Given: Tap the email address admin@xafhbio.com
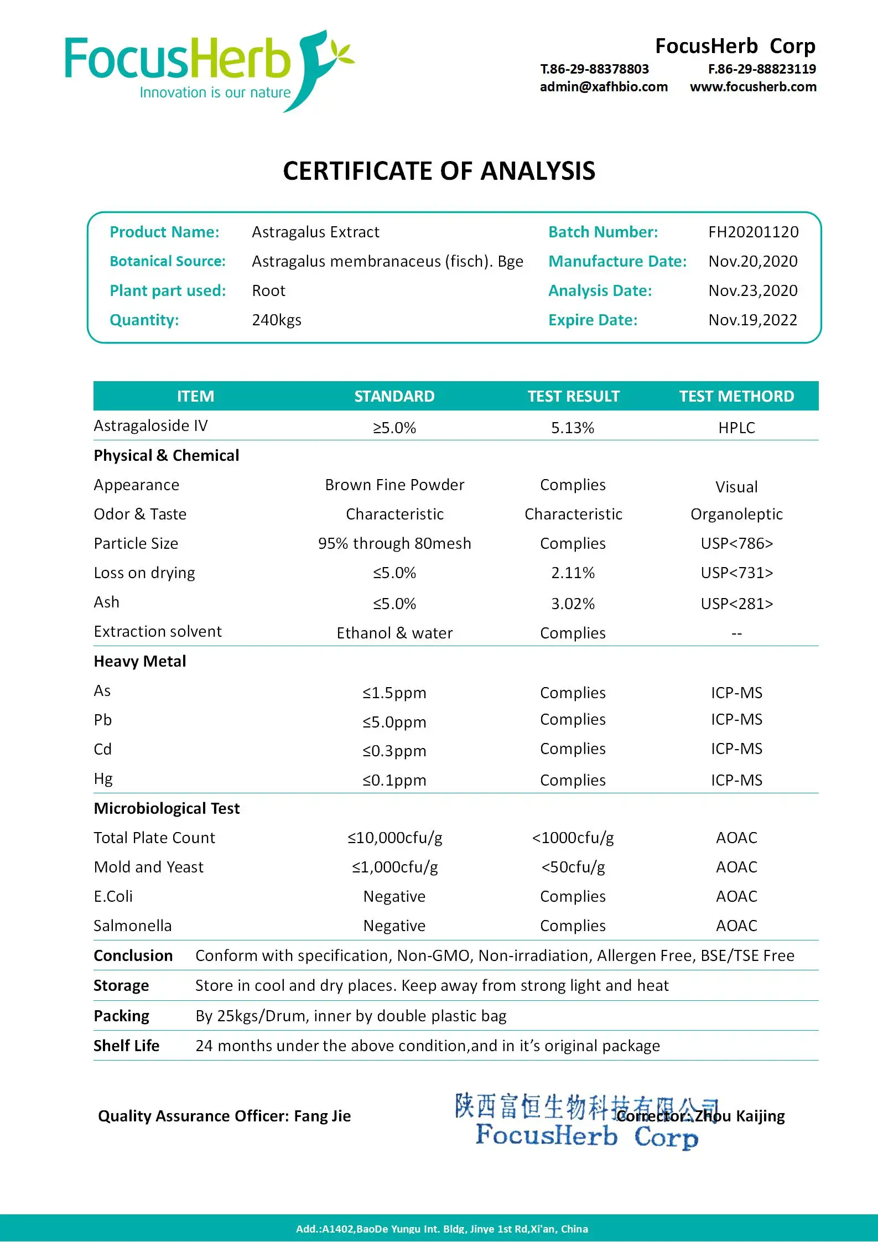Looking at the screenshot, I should coord(604,87).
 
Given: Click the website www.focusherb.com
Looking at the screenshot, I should coord(753,87).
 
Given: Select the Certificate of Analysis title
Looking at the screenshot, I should coord(439,171).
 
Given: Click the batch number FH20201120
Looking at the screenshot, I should coord(753,232).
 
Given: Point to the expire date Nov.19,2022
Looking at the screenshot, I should coord(752,320).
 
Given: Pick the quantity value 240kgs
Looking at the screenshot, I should coord(277,320).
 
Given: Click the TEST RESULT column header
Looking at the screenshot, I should coord(573,396).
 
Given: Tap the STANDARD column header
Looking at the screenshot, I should coord(394,396).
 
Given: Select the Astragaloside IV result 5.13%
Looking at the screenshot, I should coord(573,428).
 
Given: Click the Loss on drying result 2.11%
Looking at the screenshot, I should coord(573,573).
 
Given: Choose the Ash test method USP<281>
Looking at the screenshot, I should coord(736,604).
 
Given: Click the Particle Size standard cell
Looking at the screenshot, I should coord(394,543).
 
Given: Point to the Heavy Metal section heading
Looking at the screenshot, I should coord(140,661).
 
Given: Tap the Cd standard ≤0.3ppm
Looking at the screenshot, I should coord(394,751).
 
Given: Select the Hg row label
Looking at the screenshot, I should coord(103,779).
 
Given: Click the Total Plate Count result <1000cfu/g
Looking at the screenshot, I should coord(573,838).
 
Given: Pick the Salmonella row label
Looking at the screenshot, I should coord(133,926).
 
